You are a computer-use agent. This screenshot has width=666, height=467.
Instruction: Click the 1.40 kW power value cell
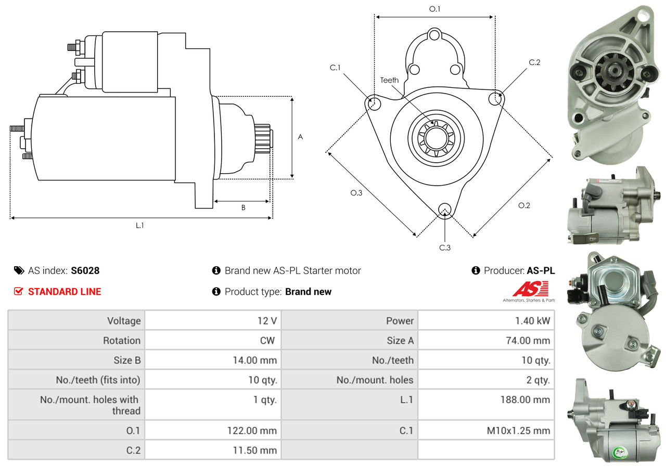point(532,321)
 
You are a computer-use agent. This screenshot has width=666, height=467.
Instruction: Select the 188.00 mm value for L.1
point(525,399)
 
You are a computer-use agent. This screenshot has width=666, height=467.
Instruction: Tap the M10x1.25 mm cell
point(518,431)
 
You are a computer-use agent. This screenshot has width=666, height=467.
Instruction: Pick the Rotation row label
point(122,341)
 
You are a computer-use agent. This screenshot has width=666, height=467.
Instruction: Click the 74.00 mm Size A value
point(528,341)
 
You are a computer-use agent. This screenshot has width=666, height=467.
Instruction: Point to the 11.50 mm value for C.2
point(255,450)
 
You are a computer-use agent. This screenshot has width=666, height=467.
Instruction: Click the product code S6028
point(85,270)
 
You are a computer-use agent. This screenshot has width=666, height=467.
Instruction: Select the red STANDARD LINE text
point(65,292)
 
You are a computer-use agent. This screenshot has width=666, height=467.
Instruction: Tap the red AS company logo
point(530,289)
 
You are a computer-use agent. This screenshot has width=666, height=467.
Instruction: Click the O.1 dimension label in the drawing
point(434,9)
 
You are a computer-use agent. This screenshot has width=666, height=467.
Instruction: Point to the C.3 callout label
point(445,248)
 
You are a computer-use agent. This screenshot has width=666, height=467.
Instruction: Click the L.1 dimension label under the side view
point(140,226)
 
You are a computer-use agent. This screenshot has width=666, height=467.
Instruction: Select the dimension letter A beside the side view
point(300,137)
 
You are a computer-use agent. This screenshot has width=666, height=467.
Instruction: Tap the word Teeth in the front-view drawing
point(389,80)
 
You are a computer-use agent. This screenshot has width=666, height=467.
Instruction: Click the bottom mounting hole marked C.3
point(444,210)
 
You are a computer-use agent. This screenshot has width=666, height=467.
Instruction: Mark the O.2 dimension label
point(524,205)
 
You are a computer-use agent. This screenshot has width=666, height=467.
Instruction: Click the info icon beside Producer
point(476,270)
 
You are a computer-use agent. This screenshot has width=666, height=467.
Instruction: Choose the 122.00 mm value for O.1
point(252,431)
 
